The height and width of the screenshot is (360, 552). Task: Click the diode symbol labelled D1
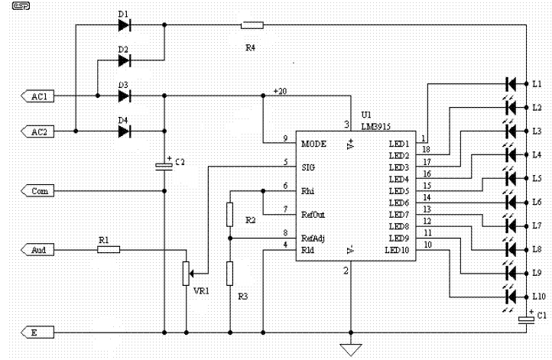click(x=125, y=25)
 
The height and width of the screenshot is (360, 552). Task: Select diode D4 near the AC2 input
click(x=125, y=131)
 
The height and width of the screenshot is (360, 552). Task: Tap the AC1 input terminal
click(x=37, y=96)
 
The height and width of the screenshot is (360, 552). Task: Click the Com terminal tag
click(x=37, y=191)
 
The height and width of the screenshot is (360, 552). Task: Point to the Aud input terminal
click(x=37, y=250)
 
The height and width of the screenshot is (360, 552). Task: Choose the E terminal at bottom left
click(x=37, y=332)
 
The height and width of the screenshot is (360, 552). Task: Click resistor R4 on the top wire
click(x=252, y=25)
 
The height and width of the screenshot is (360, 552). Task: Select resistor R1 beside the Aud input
click(x=109, y=250)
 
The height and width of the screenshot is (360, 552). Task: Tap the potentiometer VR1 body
click(x=187, y=274)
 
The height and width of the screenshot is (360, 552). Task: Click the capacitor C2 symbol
click(x=164, y=166)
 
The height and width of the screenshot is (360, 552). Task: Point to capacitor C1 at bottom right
click(x=526, y=319)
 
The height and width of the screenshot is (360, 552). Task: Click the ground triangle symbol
click(x=351, y=350)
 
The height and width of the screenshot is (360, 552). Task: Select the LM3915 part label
click(x=376, y=126)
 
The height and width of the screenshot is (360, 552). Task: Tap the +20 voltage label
click(x=281, y=91)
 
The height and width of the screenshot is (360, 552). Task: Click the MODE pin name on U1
click(x=313, y=144)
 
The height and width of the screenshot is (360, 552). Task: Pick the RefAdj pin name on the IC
click(x=313, y=238)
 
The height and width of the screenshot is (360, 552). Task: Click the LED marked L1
click(x=511, y=84)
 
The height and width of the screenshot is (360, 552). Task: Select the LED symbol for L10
click(x=511, y=297)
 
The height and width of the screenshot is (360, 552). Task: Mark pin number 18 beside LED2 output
click(x=427, y=149)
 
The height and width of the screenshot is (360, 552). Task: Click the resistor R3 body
click(x=230, y=274)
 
